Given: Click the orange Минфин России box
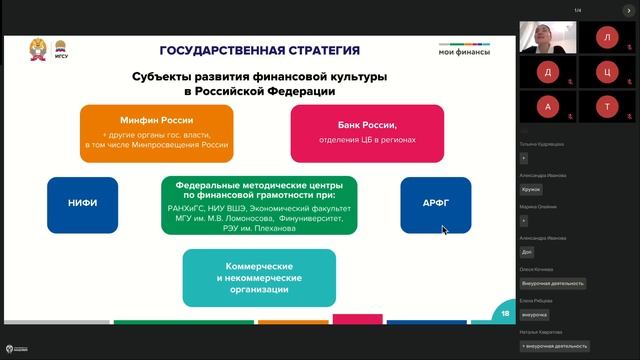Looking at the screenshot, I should click(x=156, y=133).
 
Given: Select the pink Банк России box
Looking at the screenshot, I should click(x=354, y=133).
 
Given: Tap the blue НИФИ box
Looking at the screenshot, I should click(x=82, y=204).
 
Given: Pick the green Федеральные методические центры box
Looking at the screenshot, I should click(x=259, y=206).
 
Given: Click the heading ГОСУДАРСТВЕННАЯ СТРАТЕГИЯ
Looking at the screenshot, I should click(x=259, y=50).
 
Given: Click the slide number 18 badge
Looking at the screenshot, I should click(x=505, y=314).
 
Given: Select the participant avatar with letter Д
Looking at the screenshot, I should click(x=546, y=72).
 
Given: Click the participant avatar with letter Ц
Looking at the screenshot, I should click(x=606, y=72).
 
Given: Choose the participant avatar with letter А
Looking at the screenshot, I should click(x=546, y=106).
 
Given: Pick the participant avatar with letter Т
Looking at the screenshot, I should click(x=606, y=106).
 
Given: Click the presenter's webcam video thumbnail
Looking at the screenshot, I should click(x=546, y=37).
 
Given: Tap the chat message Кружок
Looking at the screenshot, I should click(x=531, y=188).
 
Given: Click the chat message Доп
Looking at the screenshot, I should click(x=527, y=252).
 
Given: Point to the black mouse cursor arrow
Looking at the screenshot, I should click(x=445, y=229).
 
